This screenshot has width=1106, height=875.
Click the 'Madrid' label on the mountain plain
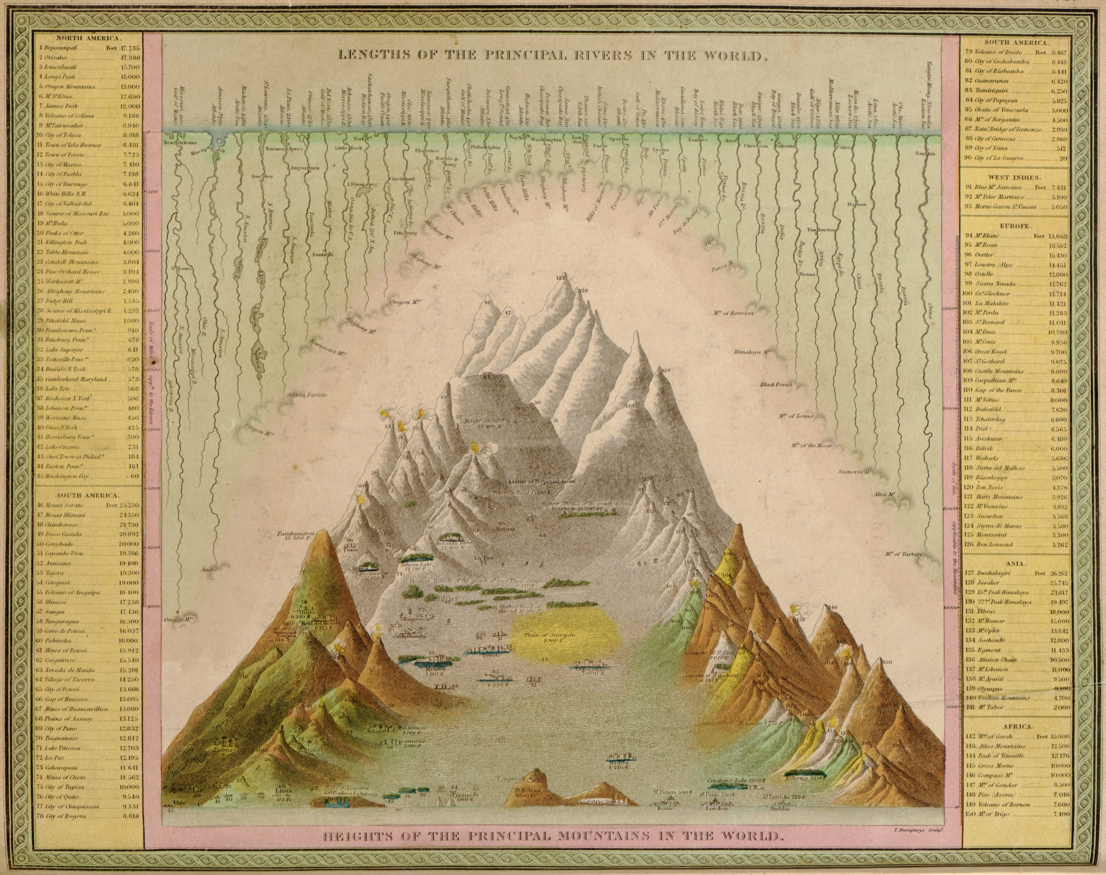(619, 768)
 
